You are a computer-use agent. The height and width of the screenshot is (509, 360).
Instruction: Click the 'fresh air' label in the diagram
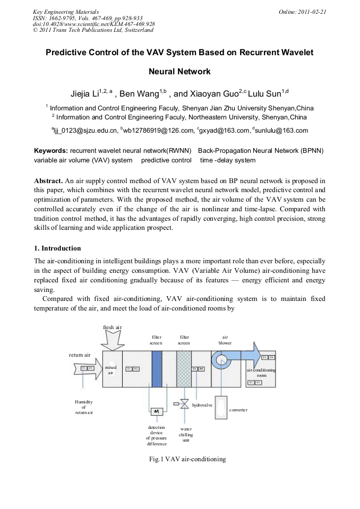(113, 327)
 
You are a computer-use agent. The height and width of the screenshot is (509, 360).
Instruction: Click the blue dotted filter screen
(157, 369)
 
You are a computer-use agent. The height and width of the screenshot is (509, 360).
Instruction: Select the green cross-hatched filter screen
(184, 369)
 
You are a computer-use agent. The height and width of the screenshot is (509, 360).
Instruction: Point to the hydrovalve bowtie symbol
(184, 404)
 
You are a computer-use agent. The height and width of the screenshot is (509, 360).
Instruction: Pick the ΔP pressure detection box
(157, 411)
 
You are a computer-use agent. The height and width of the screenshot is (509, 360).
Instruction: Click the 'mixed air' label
(111, 370)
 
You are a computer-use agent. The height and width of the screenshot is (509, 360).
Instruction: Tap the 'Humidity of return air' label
(84, 407)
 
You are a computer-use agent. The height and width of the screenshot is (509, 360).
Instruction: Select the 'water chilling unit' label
(186, 434)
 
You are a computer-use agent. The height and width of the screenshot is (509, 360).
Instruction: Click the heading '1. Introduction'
(57, 248)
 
